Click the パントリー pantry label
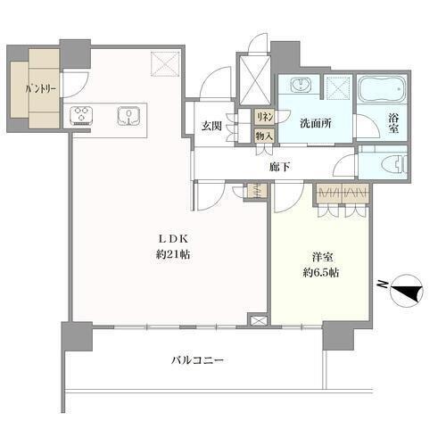point(41,89)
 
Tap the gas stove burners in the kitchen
point(81,114)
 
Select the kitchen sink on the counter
point(128,116)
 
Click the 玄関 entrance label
point(211,126)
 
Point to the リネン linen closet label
point(265,118)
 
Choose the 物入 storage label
point(264,136)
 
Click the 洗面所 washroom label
point(316,123)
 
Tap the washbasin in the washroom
point(301,85)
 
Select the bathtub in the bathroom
point(382,88)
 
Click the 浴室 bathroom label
point(393,123)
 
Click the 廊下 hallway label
point(280,167)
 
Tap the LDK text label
point(173,238)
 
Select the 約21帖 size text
point(173,255)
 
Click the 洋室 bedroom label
point(322,257)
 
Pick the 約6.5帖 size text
point(321,273)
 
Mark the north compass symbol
point(404,291)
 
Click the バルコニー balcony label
point(197,360)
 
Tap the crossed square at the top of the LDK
point(166,64)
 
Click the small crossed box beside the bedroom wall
point(257,320)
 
